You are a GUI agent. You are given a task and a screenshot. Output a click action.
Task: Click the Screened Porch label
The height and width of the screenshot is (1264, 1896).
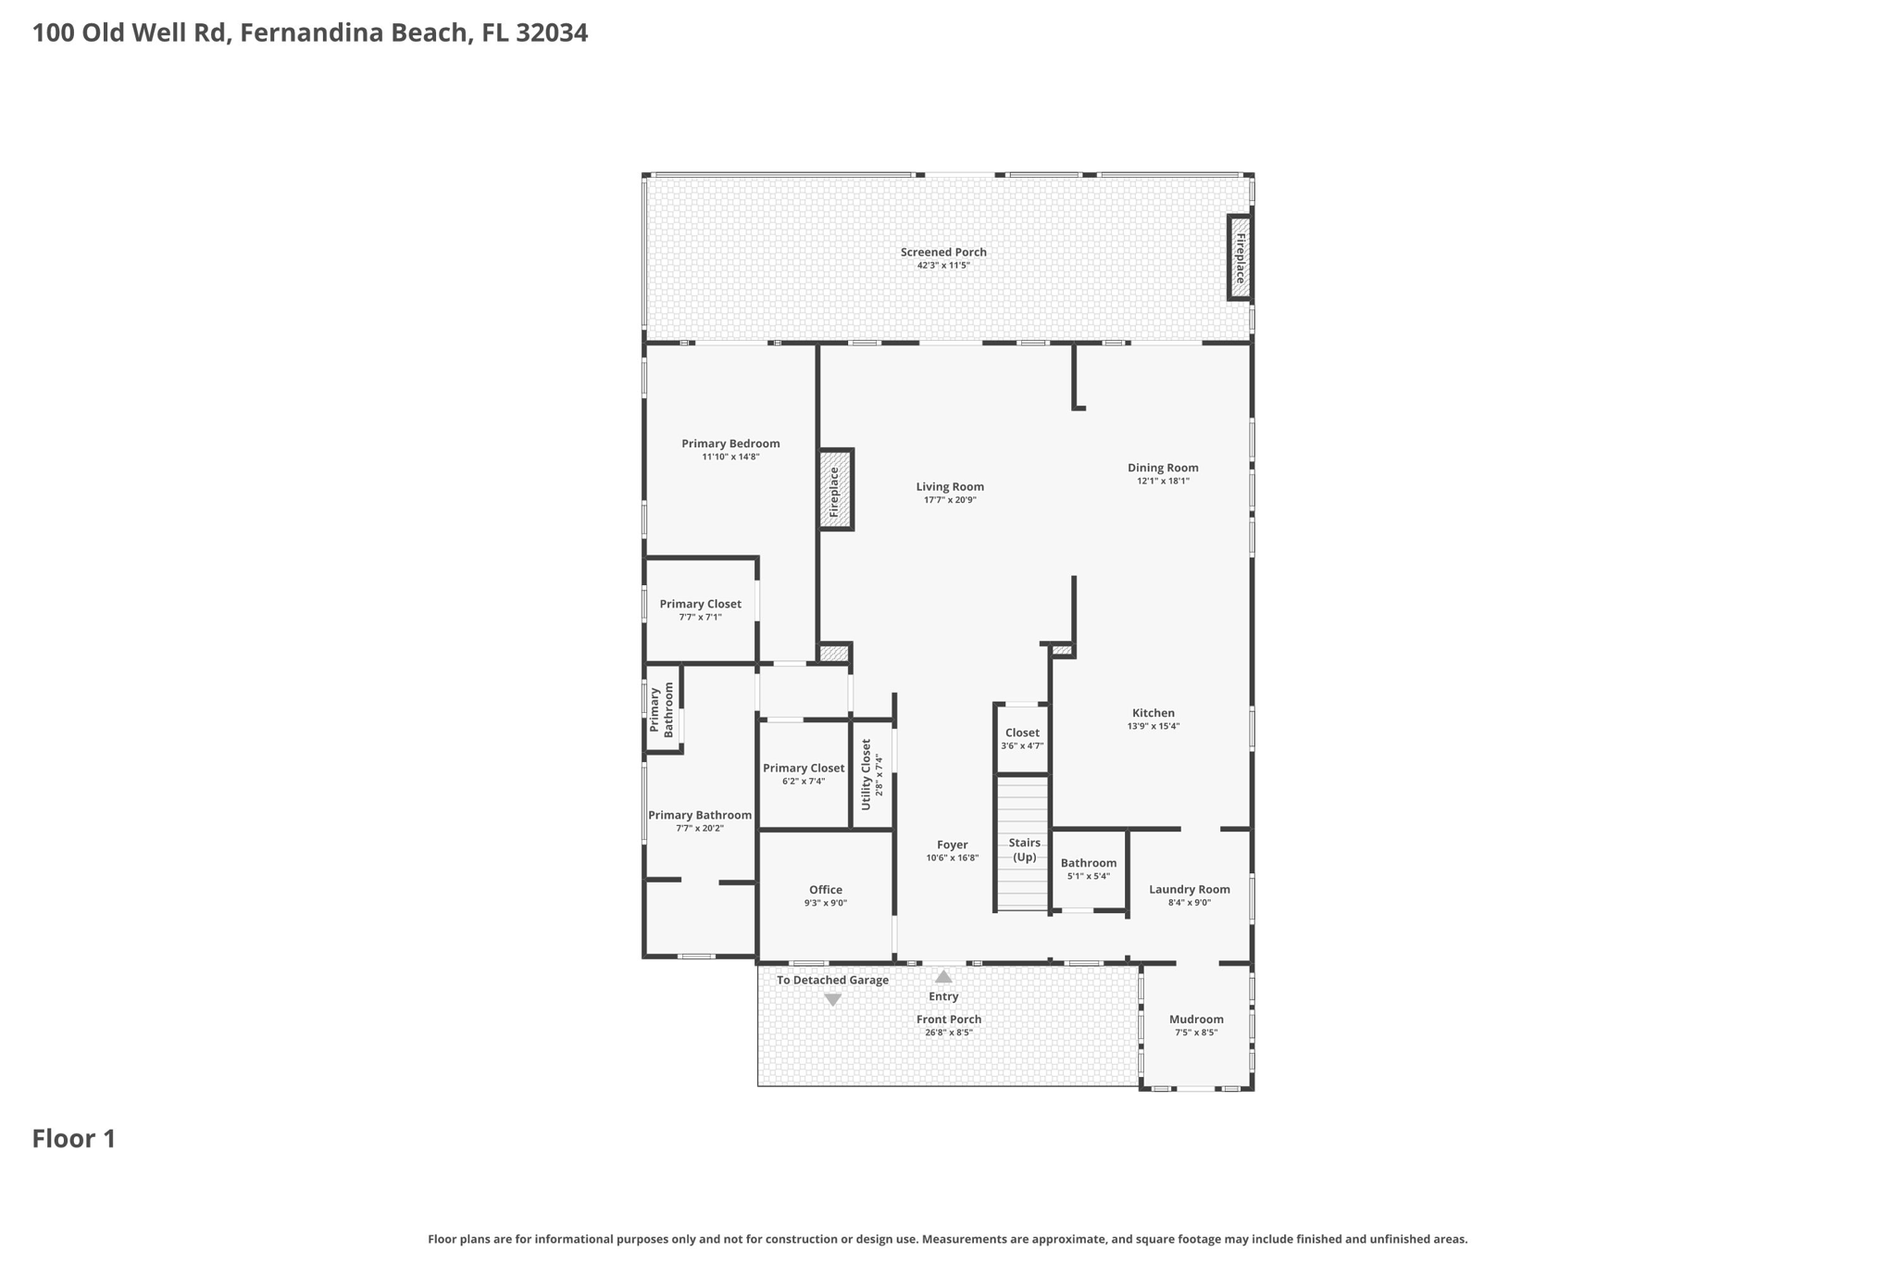(943, 252)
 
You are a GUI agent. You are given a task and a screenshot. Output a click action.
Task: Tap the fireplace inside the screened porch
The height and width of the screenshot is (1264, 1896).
(1240, 257)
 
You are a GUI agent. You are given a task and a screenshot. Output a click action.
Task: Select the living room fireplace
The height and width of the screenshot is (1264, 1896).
(834, 490)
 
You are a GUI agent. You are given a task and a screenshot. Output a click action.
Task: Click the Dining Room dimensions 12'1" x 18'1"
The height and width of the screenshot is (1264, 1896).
(1163, 482)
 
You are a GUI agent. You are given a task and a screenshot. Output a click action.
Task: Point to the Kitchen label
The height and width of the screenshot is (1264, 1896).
(1153, 713)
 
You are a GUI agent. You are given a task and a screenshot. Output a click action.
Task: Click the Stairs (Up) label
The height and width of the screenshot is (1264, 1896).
(1024, 849)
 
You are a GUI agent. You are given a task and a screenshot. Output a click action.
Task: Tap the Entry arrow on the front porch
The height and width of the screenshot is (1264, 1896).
(943, 977)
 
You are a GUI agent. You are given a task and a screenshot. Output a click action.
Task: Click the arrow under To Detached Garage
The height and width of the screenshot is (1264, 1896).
(832, 1000)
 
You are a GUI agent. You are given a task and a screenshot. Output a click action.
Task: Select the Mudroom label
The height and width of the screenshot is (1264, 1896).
(1196, 1020)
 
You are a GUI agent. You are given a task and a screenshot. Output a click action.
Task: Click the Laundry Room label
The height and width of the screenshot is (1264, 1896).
(1189, 890)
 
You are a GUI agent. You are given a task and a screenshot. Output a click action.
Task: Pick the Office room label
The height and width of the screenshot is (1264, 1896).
(825, 890)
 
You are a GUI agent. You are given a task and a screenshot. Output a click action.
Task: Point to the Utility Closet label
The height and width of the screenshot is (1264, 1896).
(867, 774)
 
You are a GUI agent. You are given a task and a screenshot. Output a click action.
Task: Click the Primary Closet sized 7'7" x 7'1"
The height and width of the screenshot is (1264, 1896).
(700, 605)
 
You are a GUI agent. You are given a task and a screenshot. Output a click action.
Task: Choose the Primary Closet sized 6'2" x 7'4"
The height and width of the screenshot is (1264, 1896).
(803, 769)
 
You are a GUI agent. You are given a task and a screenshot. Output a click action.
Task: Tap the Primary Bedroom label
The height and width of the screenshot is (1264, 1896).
(730, 444)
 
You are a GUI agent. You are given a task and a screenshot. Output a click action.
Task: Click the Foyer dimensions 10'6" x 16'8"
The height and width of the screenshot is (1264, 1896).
(952, 858)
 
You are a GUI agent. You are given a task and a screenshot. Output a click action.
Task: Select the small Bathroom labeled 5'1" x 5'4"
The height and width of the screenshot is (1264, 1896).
(1088, 863)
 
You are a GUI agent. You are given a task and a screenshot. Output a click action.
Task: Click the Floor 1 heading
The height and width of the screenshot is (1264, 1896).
(74, 1139)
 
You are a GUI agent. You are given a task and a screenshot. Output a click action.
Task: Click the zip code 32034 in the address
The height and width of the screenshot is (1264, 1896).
(552, 33)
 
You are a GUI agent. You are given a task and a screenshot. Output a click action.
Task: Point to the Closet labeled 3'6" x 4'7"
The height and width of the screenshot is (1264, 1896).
(1022, 733)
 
